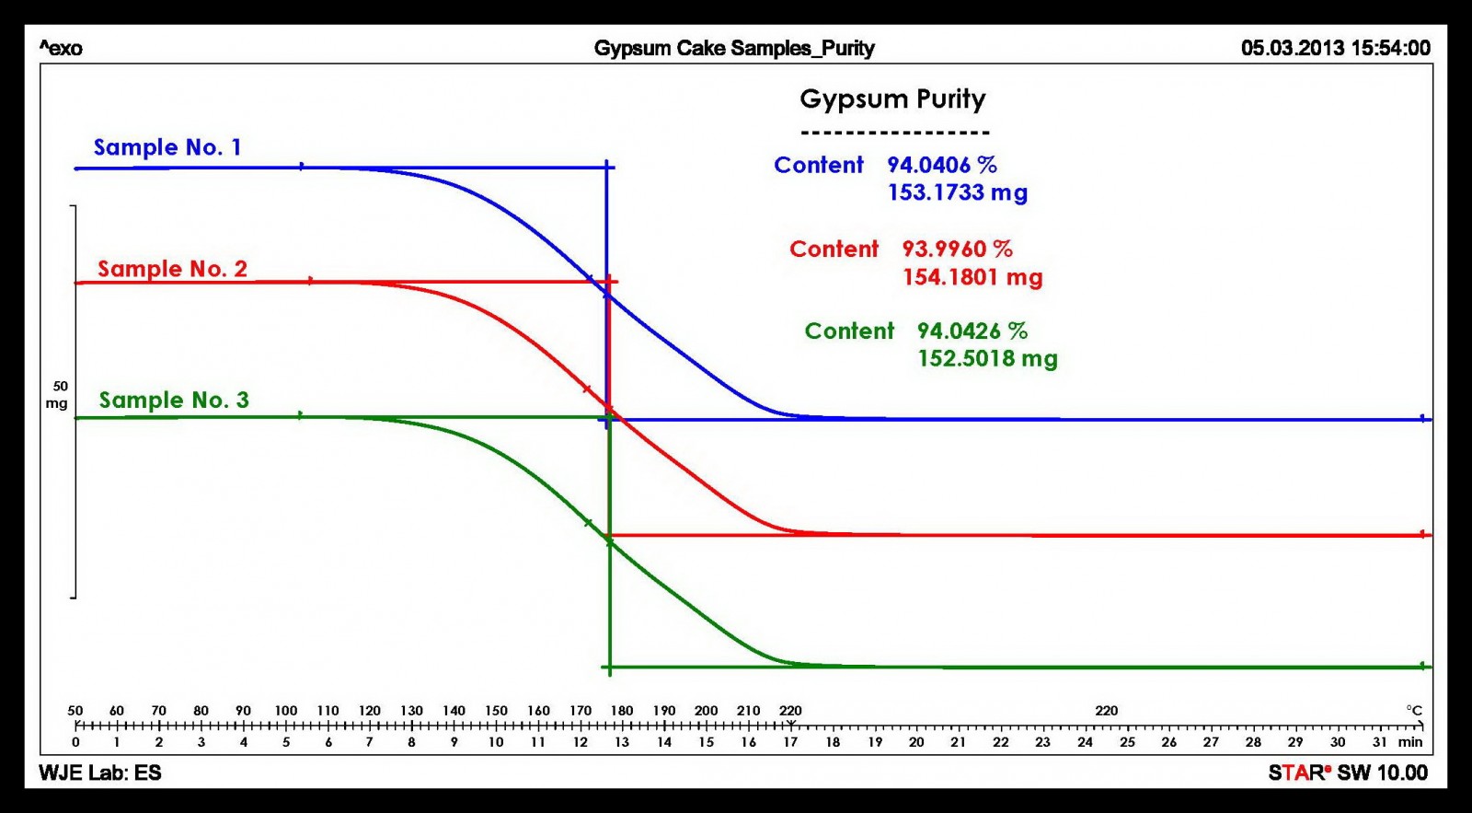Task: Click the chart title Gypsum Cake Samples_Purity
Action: [733, 48]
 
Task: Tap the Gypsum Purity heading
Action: [892, 99]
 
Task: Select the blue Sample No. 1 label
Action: [167, 147]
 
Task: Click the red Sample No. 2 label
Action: [172, 269]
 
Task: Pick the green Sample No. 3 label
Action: [174, 400]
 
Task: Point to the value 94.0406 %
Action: [942, 165]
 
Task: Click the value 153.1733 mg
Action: [957, 192]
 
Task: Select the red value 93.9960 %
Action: [957, 249]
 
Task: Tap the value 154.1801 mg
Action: [972, 277]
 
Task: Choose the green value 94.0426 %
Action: [972, 331]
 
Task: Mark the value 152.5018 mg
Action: [987, 358]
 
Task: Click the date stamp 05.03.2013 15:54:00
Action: [1336, 48]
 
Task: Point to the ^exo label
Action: [61, 49]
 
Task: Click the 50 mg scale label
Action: [58, 395]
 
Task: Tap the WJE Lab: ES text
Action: [100, 772]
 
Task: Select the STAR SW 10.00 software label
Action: [1348, 772]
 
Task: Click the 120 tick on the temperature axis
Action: [370, 711]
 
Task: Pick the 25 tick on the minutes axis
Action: [1127, 742]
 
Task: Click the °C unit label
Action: [1414, 711]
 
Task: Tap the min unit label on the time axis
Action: [1410, 742]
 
